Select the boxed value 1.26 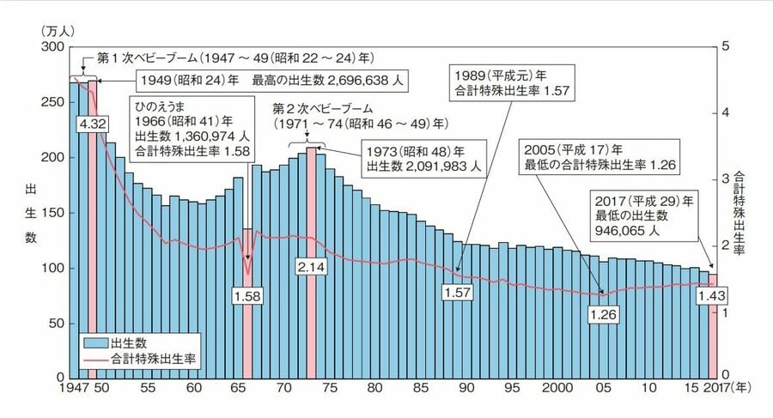pyautogui.click(x=604, y=315)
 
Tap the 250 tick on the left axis pyautogui.click(x=52, y=102)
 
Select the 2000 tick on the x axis pyautogui.click(x=558, y=388)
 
